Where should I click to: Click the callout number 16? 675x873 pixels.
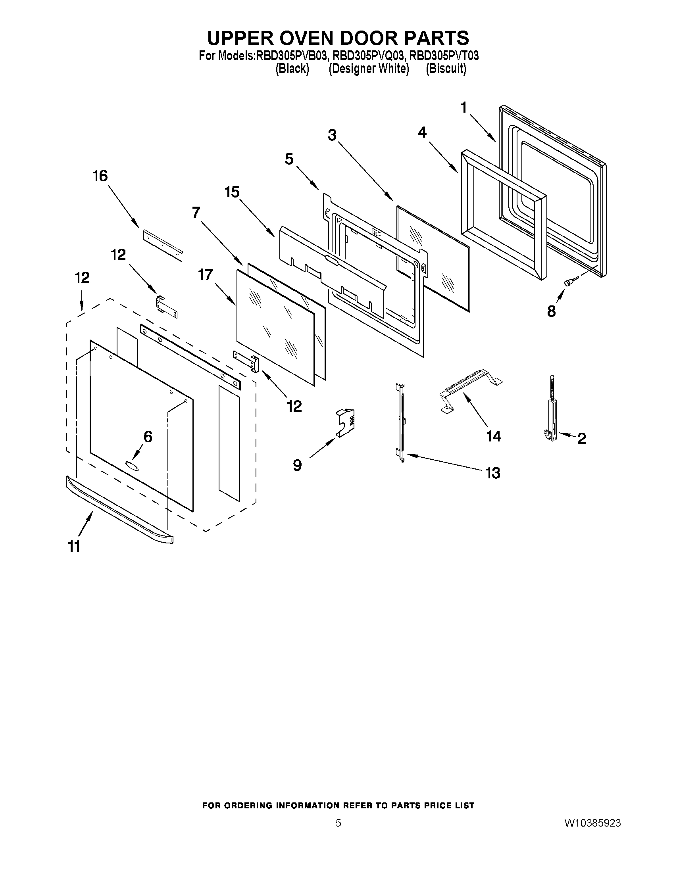100,176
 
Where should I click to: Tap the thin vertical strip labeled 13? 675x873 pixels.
401,423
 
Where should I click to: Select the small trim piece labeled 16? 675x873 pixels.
162,245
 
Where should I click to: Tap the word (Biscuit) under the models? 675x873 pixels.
446,69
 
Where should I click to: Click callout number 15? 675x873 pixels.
232,192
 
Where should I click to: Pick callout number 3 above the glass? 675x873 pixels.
332,136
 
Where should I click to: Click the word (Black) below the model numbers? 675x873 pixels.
292,69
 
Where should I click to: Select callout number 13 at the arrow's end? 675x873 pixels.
492,473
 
